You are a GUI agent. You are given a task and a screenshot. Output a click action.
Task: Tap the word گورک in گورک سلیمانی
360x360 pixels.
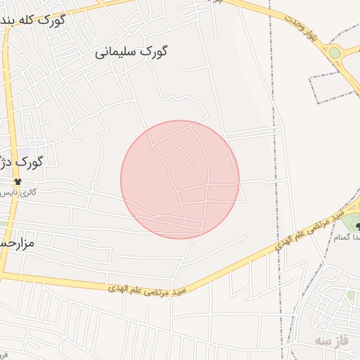tap(156, 51)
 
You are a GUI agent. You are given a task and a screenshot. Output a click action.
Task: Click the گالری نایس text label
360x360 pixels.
tap(18, 192)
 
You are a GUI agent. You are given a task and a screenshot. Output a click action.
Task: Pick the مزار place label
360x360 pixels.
tap(15, 244)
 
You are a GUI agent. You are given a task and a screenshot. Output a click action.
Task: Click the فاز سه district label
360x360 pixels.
tap(330, 340)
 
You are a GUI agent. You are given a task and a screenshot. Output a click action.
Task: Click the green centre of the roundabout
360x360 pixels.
tap(335, 53)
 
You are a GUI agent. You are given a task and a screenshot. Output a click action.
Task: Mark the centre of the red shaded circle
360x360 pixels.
tap(180, 179)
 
